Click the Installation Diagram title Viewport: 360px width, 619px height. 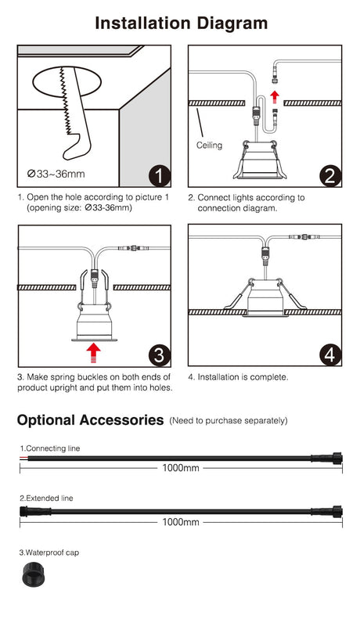click(x=181, y=23)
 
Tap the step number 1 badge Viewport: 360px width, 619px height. click(x=158, y=175)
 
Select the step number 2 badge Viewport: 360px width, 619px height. click(x=329, y=175)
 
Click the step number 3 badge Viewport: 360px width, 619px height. click(x=159, y=355)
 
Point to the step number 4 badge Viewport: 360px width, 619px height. click(x=329, y=355)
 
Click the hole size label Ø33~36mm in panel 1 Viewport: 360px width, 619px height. click(x=56, y=174)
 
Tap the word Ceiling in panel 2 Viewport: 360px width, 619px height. click(x=209, y=146)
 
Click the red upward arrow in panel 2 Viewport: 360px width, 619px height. click(x=273, y=97)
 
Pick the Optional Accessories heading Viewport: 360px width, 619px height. click(x=90, y=420)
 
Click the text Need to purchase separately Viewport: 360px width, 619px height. click(x=228, y=421)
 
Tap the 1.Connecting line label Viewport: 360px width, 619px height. click(x=50, y=448)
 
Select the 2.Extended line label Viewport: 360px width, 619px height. click(x=47, y=498)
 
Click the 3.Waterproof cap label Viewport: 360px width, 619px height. click(x=49, y=552)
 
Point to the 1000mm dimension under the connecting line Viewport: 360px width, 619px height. click(x=180, y=469)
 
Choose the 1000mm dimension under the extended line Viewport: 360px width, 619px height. click(x=180, y=521)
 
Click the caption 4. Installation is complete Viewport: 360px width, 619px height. click(x=238, y=377)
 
